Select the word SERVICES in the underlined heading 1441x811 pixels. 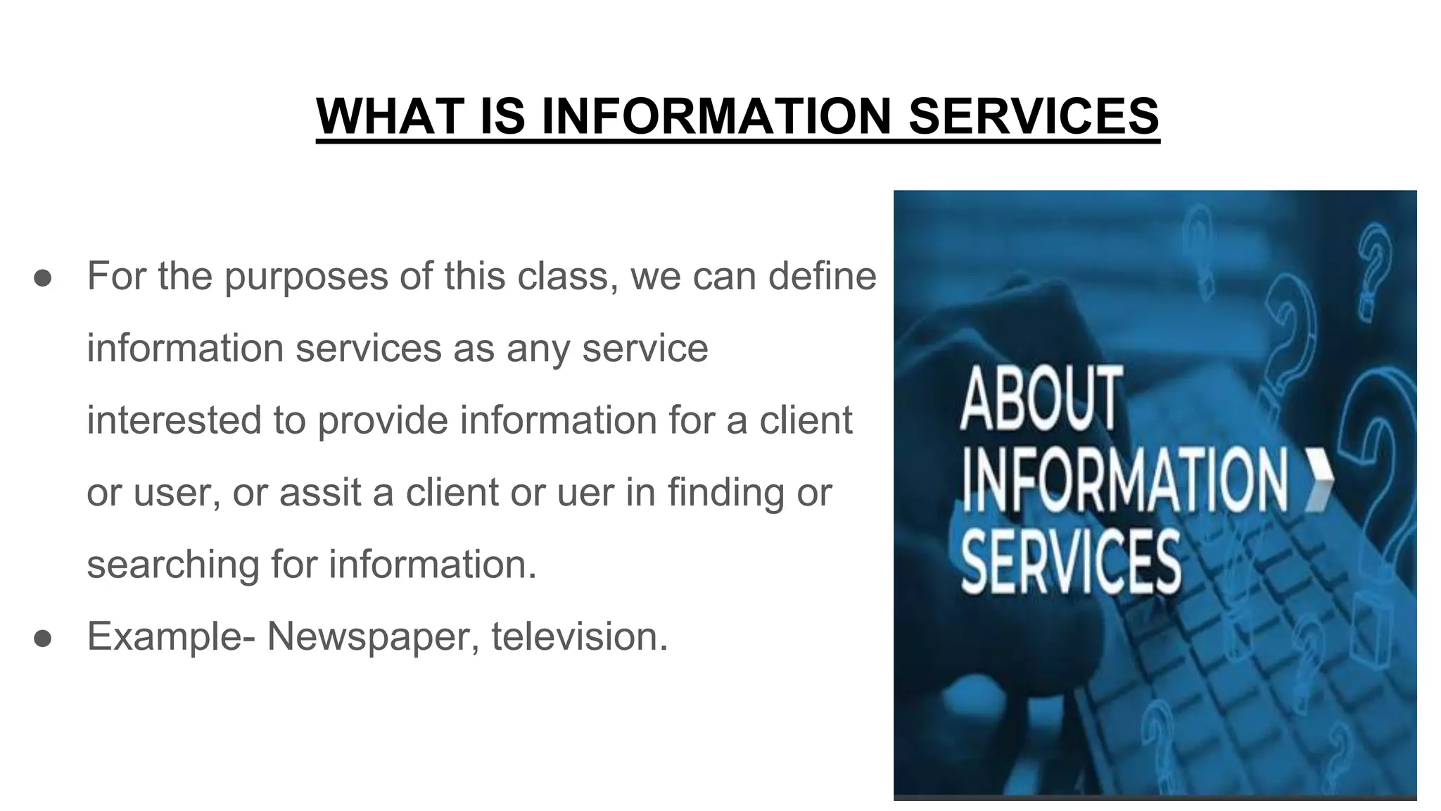point(1034,116)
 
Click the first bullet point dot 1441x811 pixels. point(43,277)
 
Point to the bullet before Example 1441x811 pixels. point(43,638)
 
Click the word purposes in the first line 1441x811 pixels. point(306,277)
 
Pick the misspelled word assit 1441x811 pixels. point(320,492)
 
